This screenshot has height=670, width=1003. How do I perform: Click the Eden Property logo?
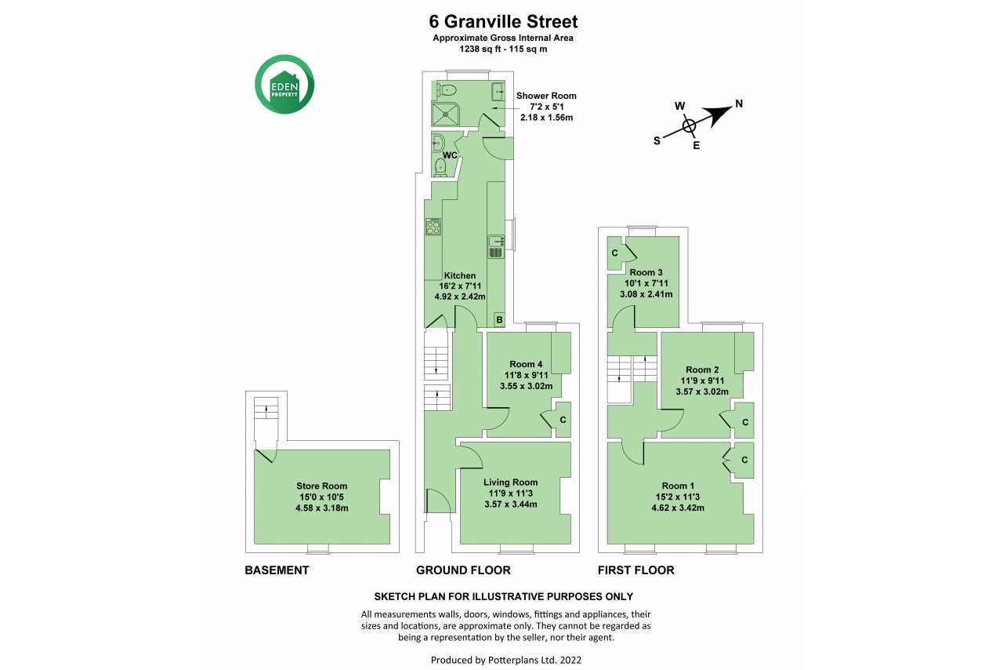point(284,84)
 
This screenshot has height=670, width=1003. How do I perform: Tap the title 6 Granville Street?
point(503,21)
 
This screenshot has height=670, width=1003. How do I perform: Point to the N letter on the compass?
point(739,104)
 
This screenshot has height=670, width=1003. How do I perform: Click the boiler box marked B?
point(499,320)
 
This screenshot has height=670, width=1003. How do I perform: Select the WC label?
point(450,155)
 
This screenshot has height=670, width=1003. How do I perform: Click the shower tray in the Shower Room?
point(446,115)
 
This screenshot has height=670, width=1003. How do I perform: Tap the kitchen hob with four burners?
point(433,227)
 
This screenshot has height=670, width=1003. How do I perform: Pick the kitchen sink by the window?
point(496,247)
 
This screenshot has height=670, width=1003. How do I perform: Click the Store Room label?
point(321,486)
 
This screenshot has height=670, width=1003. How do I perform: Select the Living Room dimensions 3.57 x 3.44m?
point(510,504)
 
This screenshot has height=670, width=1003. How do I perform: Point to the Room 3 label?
point(646,272)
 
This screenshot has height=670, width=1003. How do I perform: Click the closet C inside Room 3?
point(615,253)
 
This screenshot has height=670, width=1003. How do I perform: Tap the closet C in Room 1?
point(744,460)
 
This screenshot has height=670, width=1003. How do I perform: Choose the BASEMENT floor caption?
point(277,570)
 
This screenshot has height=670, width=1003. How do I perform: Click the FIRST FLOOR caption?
point(635,570)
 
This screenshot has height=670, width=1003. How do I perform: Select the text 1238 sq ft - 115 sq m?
point(503,49)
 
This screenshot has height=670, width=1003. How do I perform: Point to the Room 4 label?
point(526,364)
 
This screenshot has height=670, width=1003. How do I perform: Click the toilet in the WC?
point(440,167)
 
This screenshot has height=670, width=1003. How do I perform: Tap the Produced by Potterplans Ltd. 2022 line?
point(506,660)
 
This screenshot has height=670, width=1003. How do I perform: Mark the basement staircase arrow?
point(267,409)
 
